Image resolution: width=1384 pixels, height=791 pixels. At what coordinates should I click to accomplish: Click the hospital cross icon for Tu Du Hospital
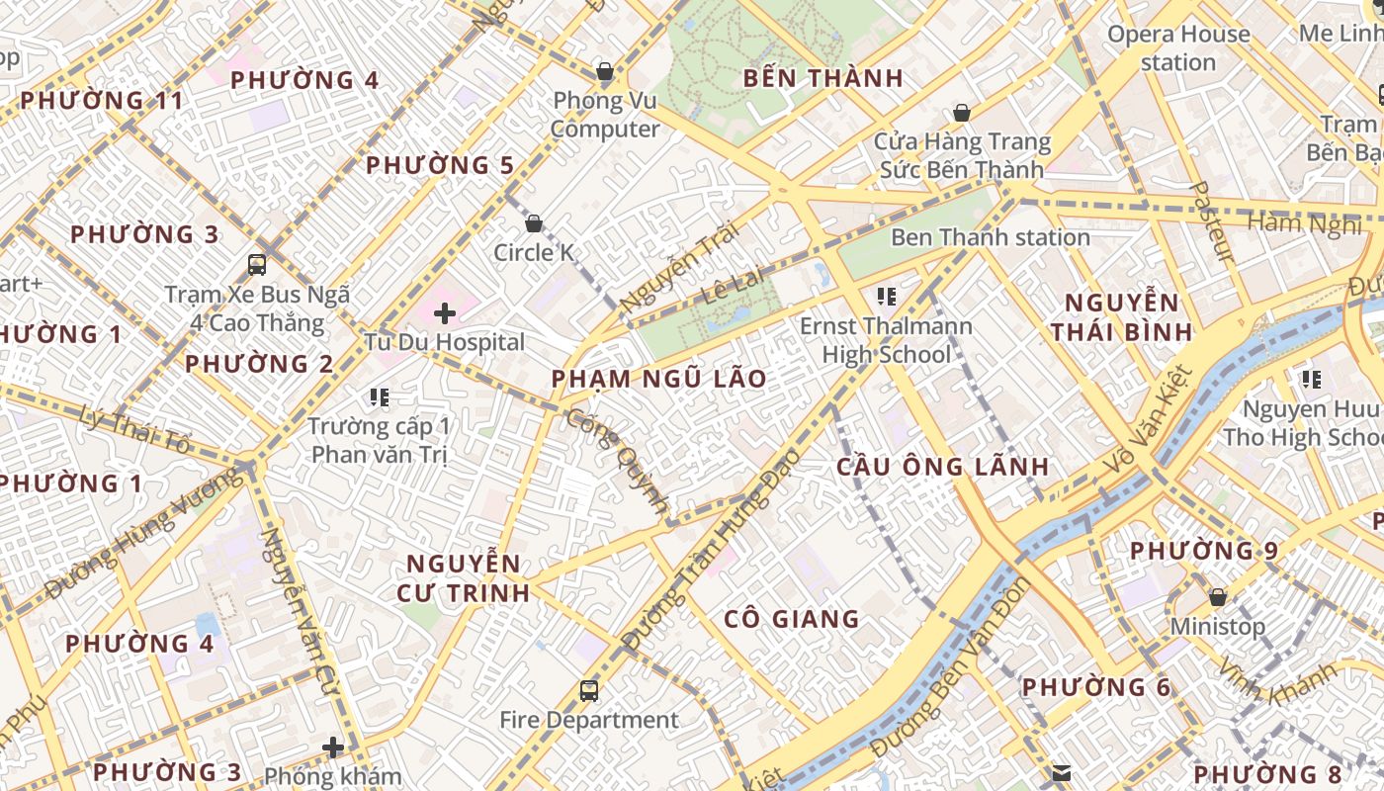tap(445, 313)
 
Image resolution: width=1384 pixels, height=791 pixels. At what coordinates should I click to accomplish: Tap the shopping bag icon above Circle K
tap(534, 223)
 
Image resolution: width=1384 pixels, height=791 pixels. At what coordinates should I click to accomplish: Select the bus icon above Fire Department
tap(589, 690)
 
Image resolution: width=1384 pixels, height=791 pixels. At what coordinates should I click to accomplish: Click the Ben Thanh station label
tap(990, 237)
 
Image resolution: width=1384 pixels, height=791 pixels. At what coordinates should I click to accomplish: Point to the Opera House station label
tap(1178, 47)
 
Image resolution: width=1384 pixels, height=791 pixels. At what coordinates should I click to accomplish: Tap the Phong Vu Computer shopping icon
tap(605, 71)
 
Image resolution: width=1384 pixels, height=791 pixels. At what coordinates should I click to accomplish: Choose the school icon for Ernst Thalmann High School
tap(886, 296)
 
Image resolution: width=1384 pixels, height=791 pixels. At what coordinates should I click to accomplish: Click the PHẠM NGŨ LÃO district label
tap(658, 379)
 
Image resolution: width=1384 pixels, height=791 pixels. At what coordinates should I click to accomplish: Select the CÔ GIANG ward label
tap(792, 619)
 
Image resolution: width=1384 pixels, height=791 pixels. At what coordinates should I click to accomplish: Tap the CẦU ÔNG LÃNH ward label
tap(942, 466)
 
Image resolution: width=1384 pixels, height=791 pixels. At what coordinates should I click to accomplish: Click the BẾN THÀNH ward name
tap(822, 78)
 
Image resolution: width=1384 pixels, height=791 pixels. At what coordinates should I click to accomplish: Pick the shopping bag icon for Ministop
tap(1218, 597)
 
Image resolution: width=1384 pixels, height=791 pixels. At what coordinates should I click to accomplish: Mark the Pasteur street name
tap(1211, 221)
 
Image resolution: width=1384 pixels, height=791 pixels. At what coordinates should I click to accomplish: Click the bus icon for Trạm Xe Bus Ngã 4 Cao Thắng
tap(257, 265)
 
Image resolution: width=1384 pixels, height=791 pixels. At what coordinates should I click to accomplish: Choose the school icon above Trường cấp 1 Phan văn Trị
tap(379, 397)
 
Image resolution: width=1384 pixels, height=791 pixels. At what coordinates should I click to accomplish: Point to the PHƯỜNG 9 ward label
tap(1203, 551)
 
